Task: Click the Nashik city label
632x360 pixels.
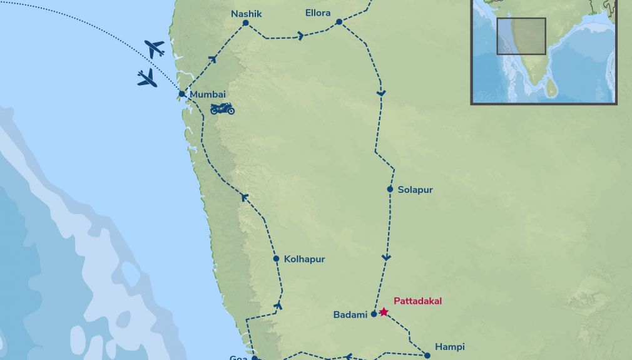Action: pyautogui.click(x=246, y=13)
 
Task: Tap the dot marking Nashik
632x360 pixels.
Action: pyautogui.click(x=245, y=23)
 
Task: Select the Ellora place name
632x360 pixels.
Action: pyautogui.click(x=317, y=13)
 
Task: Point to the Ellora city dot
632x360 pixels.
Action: pyautogui.click(x=339, y=22)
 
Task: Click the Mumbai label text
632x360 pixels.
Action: pyautogui.click(x=207, y=95)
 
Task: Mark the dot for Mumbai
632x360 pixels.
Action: pyautogui.click(x=181, y=95)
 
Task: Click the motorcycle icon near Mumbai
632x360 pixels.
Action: pyautogui.click(x=222, y=108)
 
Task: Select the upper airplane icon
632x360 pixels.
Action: pyautogui.click(x=154, y=48)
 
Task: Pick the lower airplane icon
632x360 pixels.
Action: pyautogui.click(x=147, y=78)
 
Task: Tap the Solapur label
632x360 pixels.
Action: pyautogui.click(x=415, y=190)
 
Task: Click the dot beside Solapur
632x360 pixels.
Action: pyautogui.click(x=390, y=189)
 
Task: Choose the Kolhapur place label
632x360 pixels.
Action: pyautogui.click(x=304, y=259)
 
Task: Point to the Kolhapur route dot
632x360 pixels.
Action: pyautogui.click(x=276, y=259)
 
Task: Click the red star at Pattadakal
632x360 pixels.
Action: pyautogui.click(x=384, y=312)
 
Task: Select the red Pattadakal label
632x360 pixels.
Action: pyautogui.click(x=417, y=301)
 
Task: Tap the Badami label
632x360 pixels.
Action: pyautogui.click(x=350, y=315)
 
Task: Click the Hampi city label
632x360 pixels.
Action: pyautogui.click(x=449, y=347)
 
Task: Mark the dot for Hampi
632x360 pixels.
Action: pyautogui.click(x=427, y=356)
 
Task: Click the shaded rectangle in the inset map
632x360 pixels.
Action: pyautogui.click(x=521, y=36)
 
